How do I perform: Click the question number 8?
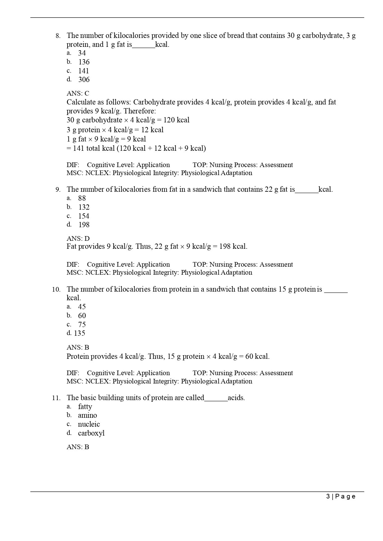point(58,36)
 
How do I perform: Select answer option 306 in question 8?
point(84,80)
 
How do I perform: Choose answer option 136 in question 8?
point(84,62)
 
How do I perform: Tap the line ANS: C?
point(78,93)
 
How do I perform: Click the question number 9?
point(58,190)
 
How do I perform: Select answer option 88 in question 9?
point(82,198)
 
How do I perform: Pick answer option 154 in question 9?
point(84,216)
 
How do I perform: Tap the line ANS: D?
point(78,239)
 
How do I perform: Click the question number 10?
point(56,289)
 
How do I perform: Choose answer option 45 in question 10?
point(82,307)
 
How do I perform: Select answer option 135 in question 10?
point(79,333)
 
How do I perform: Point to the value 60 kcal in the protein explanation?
point(257,357)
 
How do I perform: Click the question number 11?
point(56,398)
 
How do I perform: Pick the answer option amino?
point(87,416)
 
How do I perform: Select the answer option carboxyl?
point(91,433)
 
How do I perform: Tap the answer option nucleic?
point(89,424)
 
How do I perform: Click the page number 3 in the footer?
point(328,496)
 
